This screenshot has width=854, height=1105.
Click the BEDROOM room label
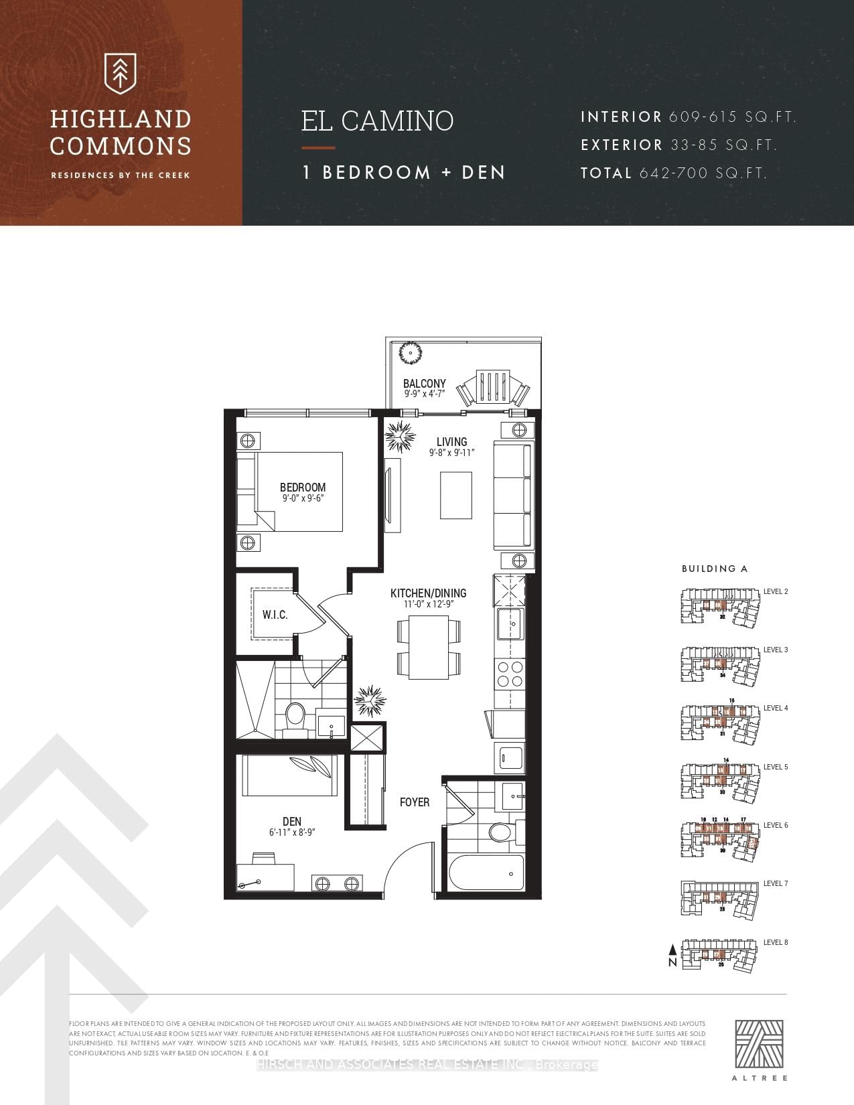pos(303,488)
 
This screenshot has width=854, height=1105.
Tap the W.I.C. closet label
pos(275,615)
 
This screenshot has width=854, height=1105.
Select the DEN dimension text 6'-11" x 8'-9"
pos(292,832)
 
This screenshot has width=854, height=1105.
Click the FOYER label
pos(414,802)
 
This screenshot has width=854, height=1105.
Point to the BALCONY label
pos(424,384)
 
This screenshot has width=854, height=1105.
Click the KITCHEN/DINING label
pos(428,593)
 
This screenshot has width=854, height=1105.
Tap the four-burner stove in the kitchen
pos(509,674)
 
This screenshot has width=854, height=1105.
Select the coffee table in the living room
pos(455,495)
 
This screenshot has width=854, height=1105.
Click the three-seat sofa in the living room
pos(513,496)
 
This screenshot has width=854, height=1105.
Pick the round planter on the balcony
pos(408,353)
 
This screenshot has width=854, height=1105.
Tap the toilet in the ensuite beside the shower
pos(295,716)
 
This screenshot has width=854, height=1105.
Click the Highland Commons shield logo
pos(121,73)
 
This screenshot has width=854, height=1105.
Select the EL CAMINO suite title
pos(377,121)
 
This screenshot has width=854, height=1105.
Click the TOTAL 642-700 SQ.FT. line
pos(673,173)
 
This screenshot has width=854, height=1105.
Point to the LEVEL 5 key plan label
pos(776,767)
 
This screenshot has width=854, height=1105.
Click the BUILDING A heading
pos(714,569)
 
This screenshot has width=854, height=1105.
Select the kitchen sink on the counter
pos(509,624)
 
